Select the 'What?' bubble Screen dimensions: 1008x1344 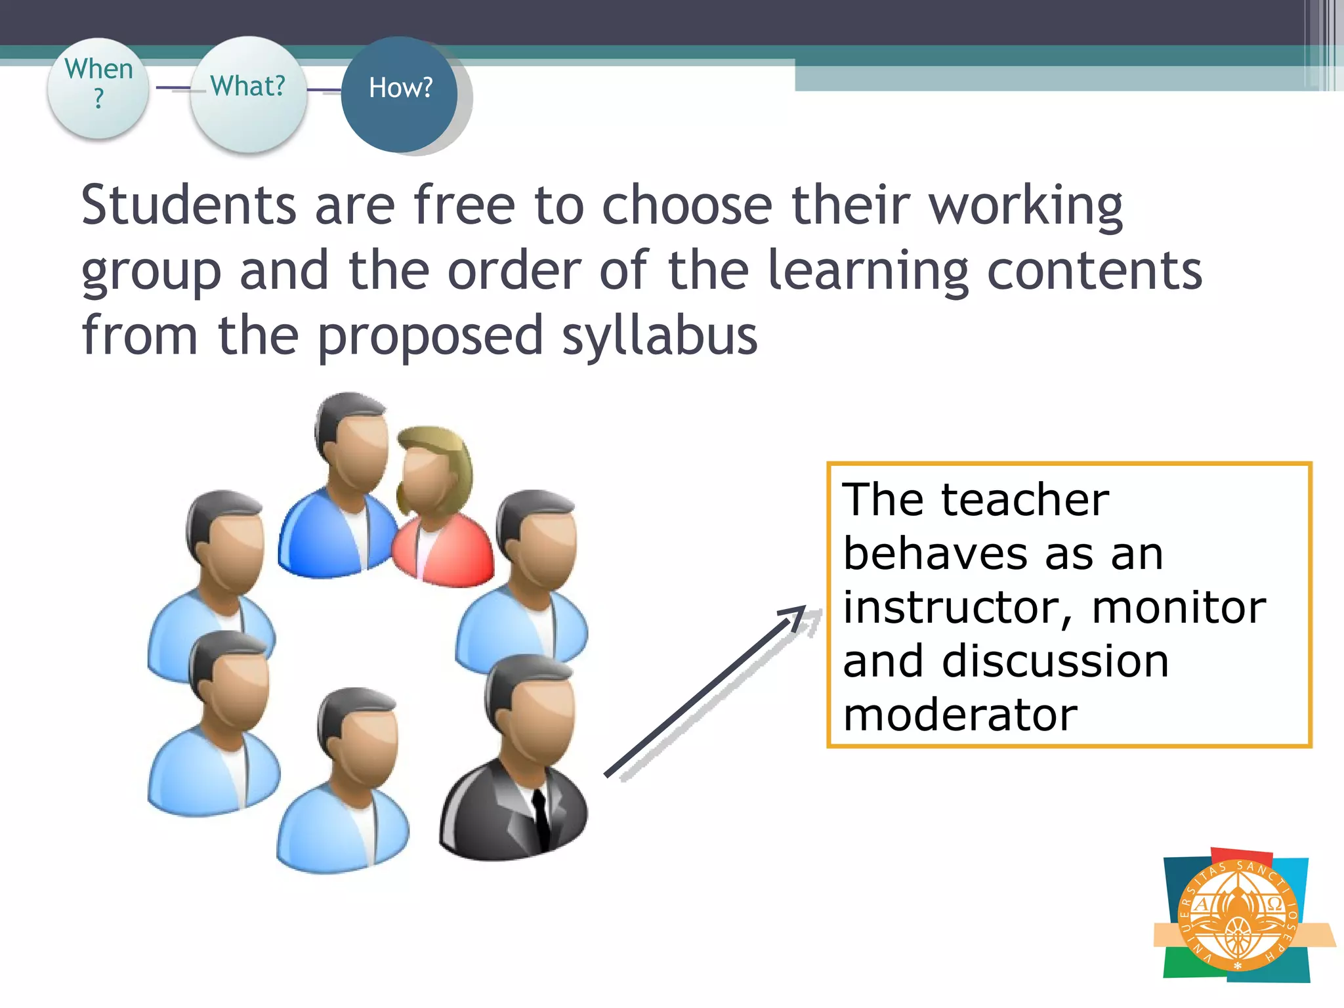pos(248,92)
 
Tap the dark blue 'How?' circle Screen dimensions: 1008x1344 pos(400,93)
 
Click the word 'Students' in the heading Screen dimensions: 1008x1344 pos(189,205)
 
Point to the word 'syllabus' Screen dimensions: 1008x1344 pos(660,336)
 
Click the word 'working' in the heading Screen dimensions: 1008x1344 pos(1026,205)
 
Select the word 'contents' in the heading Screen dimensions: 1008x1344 pos(1094,270)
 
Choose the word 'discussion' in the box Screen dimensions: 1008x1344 pos(1055,661)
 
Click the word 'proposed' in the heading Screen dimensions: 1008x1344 pos(430,336)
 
